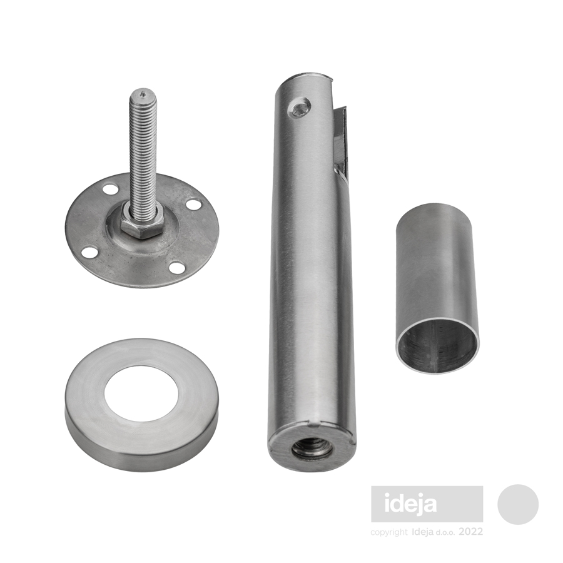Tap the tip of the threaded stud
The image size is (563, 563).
pyautogui.click(x=143, y=94)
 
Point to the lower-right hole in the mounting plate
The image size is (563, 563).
pyautogui.click(x=176, y=268)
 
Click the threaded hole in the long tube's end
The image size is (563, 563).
pyautogui.click(x=308, y=448)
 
